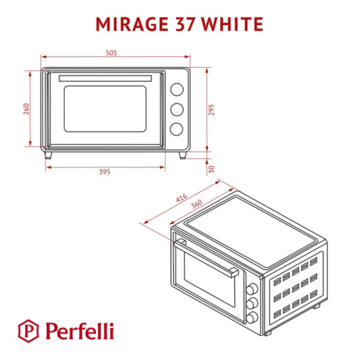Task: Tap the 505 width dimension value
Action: point(112,53)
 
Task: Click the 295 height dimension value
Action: point(211,110)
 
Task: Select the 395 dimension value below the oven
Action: point(105,172)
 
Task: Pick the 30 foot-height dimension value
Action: point(211,168)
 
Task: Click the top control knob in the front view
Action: point(176,89)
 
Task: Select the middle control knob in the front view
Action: point(176,109)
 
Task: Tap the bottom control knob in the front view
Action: point(176,129)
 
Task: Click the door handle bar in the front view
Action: point(106,78)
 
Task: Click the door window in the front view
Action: point(105,109)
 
